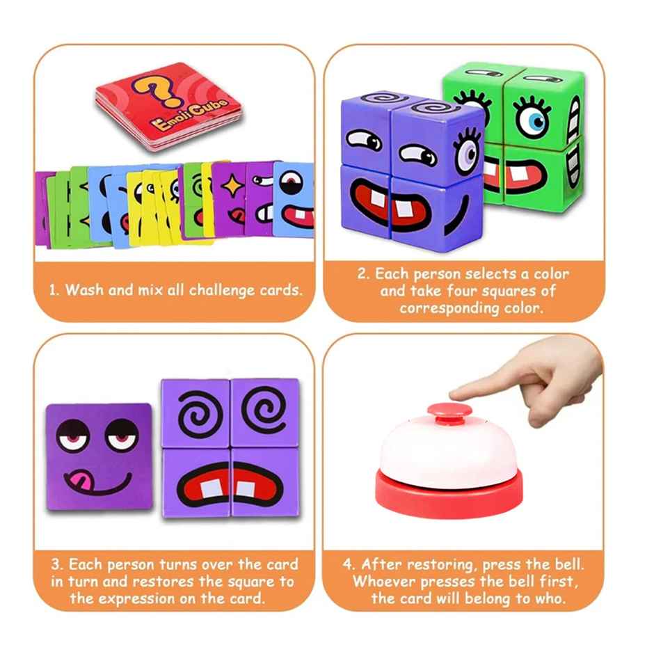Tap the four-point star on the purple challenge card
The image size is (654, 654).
[229, 183]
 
